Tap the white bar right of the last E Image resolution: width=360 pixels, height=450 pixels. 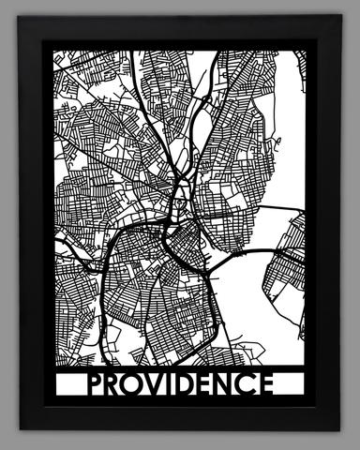point(292,385)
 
